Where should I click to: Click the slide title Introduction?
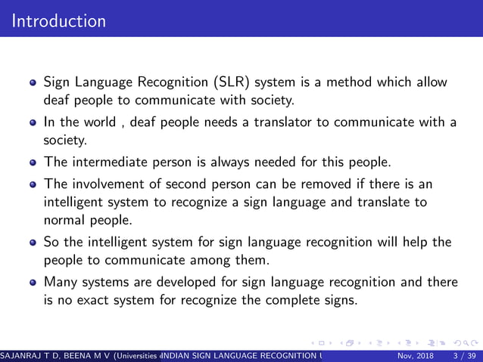tap(59, 20)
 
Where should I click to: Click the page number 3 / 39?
tap(463, 356)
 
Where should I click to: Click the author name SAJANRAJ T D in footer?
tap(30, 356)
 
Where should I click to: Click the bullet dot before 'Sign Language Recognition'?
tap(33, 82)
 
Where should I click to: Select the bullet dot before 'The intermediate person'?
tap(33, 163)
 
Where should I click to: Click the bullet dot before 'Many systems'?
tap(33, 283)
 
